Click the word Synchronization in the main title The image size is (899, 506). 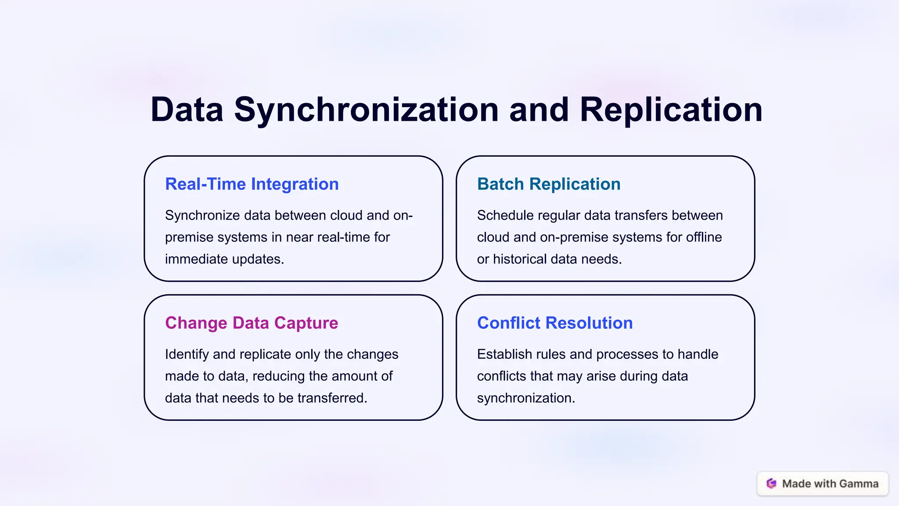[366, 110]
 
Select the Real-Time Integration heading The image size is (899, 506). [252, 184]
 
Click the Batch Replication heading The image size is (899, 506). [548, 184]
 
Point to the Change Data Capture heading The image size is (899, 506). [251, 323]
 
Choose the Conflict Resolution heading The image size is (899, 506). [554, 323]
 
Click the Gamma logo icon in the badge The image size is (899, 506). [771, 484]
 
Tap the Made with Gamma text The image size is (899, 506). [830, 484]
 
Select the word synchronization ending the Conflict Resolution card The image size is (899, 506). [525, 398]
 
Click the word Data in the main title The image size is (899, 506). [187, 110]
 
